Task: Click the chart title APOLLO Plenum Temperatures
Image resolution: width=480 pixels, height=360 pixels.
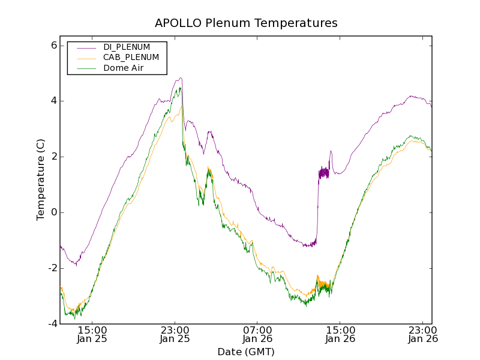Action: (246, 23)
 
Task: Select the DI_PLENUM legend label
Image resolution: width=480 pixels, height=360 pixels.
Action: (127, 47)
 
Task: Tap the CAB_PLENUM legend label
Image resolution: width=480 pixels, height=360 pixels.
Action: (131, 58)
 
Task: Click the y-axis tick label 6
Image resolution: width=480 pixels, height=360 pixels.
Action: (53, 46)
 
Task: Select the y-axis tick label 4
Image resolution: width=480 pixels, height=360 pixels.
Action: (53, 101)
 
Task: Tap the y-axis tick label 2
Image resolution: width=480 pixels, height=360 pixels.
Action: (53, 157)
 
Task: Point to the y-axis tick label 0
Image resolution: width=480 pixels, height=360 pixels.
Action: (53, 212)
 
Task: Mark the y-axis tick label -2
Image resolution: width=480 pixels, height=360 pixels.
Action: (52, 268)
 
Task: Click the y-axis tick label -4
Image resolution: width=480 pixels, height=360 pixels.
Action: (52, 323)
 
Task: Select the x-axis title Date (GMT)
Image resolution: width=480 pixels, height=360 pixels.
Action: (246, 352)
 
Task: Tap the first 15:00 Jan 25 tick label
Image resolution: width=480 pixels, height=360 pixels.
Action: (92, 334)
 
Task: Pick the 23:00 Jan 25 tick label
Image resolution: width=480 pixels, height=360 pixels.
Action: (175, 334)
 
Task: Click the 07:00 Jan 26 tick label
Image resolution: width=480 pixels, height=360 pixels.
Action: (258, 334)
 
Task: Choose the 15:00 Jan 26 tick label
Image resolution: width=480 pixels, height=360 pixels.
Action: (340, 334)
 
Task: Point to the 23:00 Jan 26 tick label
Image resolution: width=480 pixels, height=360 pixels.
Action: (423, 334)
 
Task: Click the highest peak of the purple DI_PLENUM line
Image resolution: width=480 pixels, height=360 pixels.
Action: (180, 78)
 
